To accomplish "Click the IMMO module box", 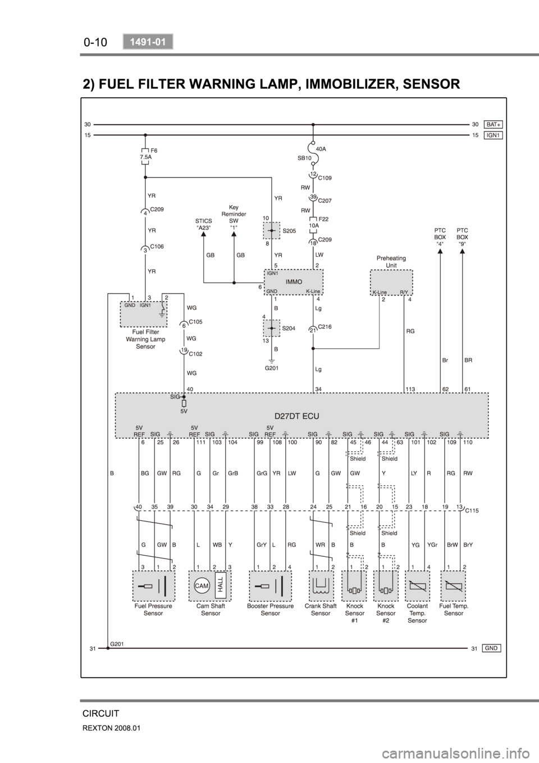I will [x=294, y=282].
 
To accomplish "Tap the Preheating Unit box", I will [x=391, y=282].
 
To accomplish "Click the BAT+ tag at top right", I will [x=494, y=124].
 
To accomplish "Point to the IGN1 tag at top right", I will [x=494, y=135].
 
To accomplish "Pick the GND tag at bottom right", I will [x=491, y=648].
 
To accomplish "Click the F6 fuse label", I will [x=154, y=150].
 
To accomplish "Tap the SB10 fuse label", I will [x=304, y=158].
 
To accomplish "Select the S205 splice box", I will [x=272, y=230].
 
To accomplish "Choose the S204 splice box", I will [x=272, y=328].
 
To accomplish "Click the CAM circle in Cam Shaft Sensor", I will [x=202, y=586].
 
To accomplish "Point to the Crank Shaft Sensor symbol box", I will [x=321, y=586].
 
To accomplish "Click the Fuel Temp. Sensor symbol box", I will [x=453, y=586].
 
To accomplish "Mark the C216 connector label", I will [x=325, y=326].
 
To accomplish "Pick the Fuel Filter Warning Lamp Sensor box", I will [x=143, y=314].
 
